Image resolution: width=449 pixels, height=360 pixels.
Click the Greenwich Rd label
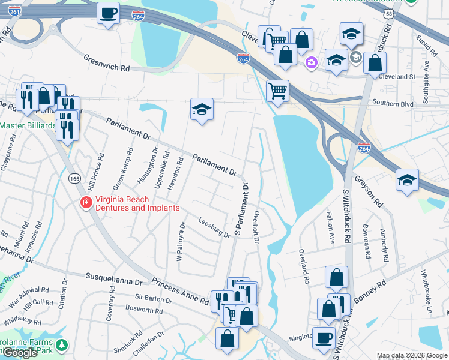[107, 64]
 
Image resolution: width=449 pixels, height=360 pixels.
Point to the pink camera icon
[311, 62]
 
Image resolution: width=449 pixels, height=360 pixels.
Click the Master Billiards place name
[28, 126]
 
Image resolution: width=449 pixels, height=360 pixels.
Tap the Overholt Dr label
[256, 227]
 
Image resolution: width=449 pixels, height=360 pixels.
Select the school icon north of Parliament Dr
[202, 109]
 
